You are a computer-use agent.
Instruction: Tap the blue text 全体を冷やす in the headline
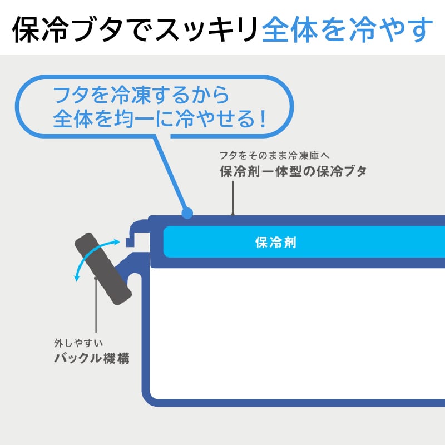coord(346,29)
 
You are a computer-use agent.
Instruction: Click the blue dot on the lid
coord(187,212)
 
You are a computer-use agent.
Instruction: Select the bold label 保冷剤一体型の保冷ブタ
coord(293,172)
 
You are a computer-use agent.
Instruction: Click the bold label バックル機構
coord(92,358)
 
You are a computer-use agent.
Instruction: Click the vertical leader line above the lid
coord(233,197)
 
